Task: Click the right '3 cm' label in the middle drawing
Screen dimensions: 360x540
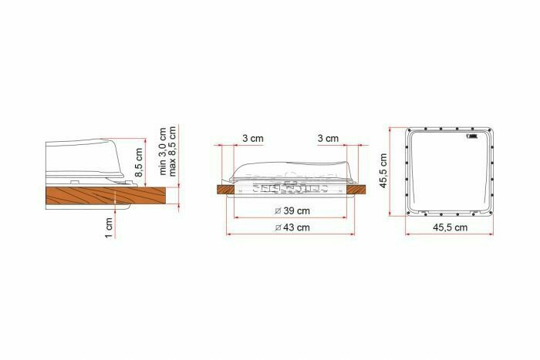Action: (328, 139)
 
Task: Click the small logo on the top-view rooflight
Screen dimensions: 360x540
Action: (472, 140)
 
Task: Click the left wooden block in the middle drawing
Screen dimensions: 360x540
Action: (224, 187)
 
